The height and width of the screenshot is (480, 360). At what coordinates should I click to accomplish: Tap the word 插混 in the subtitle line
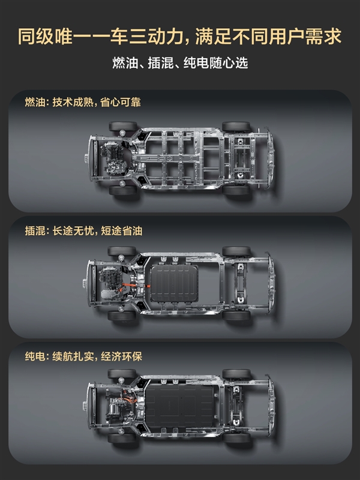157,63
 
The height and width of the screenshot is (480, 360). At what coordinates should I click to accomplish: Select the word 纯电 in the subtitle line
193,63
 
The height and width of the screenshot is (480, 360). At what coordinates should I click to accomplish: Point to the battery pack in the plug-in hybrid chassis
175,283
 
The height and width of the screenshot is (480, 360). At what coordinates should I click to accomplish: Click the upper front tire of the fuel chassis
123,126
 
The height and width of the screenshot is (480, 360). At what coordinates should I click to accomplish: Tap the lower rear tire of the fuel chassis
236,190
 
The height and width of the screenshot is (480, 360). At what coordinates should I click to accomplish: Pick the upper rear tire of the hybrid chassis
236,251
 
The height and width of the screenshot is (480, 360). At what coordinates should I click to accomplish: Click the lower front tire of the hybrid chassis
122,316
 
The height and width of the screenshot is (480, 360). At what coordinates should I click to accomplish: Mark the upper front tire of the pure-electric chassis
122,374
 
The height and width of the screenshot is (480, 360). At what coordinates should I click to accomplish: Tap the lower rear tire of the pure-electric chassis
236,438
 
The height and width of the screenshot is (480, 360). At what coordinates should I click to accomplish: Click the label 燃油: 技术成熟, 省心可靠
83,102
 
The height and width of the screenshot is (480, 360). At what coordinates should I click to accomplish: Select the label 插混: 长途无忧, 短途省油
83,230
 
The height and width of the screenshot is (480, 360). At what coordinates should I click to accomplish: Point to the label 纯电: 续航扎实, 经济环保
83,356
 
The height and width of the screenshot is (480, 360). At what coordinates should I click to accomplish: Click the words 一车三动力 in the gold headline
139,36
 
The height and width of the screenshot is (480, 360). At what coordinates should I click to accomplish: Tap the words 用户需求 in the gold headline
305,36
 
